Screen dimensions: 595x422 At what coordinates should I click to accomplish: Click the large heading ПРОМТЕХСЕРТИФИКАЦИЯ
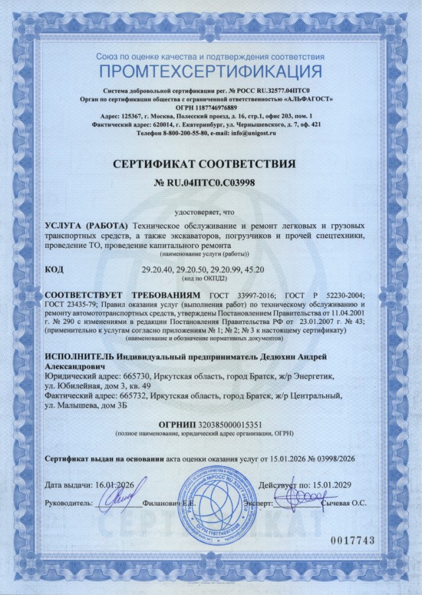211,71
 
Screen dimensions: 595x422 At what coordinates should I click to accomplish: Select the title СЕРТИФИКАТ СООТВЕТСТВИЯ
210,163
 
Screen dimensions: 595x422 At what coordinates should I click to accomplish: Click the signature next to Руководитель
117,499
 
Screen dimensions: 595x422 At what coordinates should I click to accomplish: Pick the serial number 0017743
353,540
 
